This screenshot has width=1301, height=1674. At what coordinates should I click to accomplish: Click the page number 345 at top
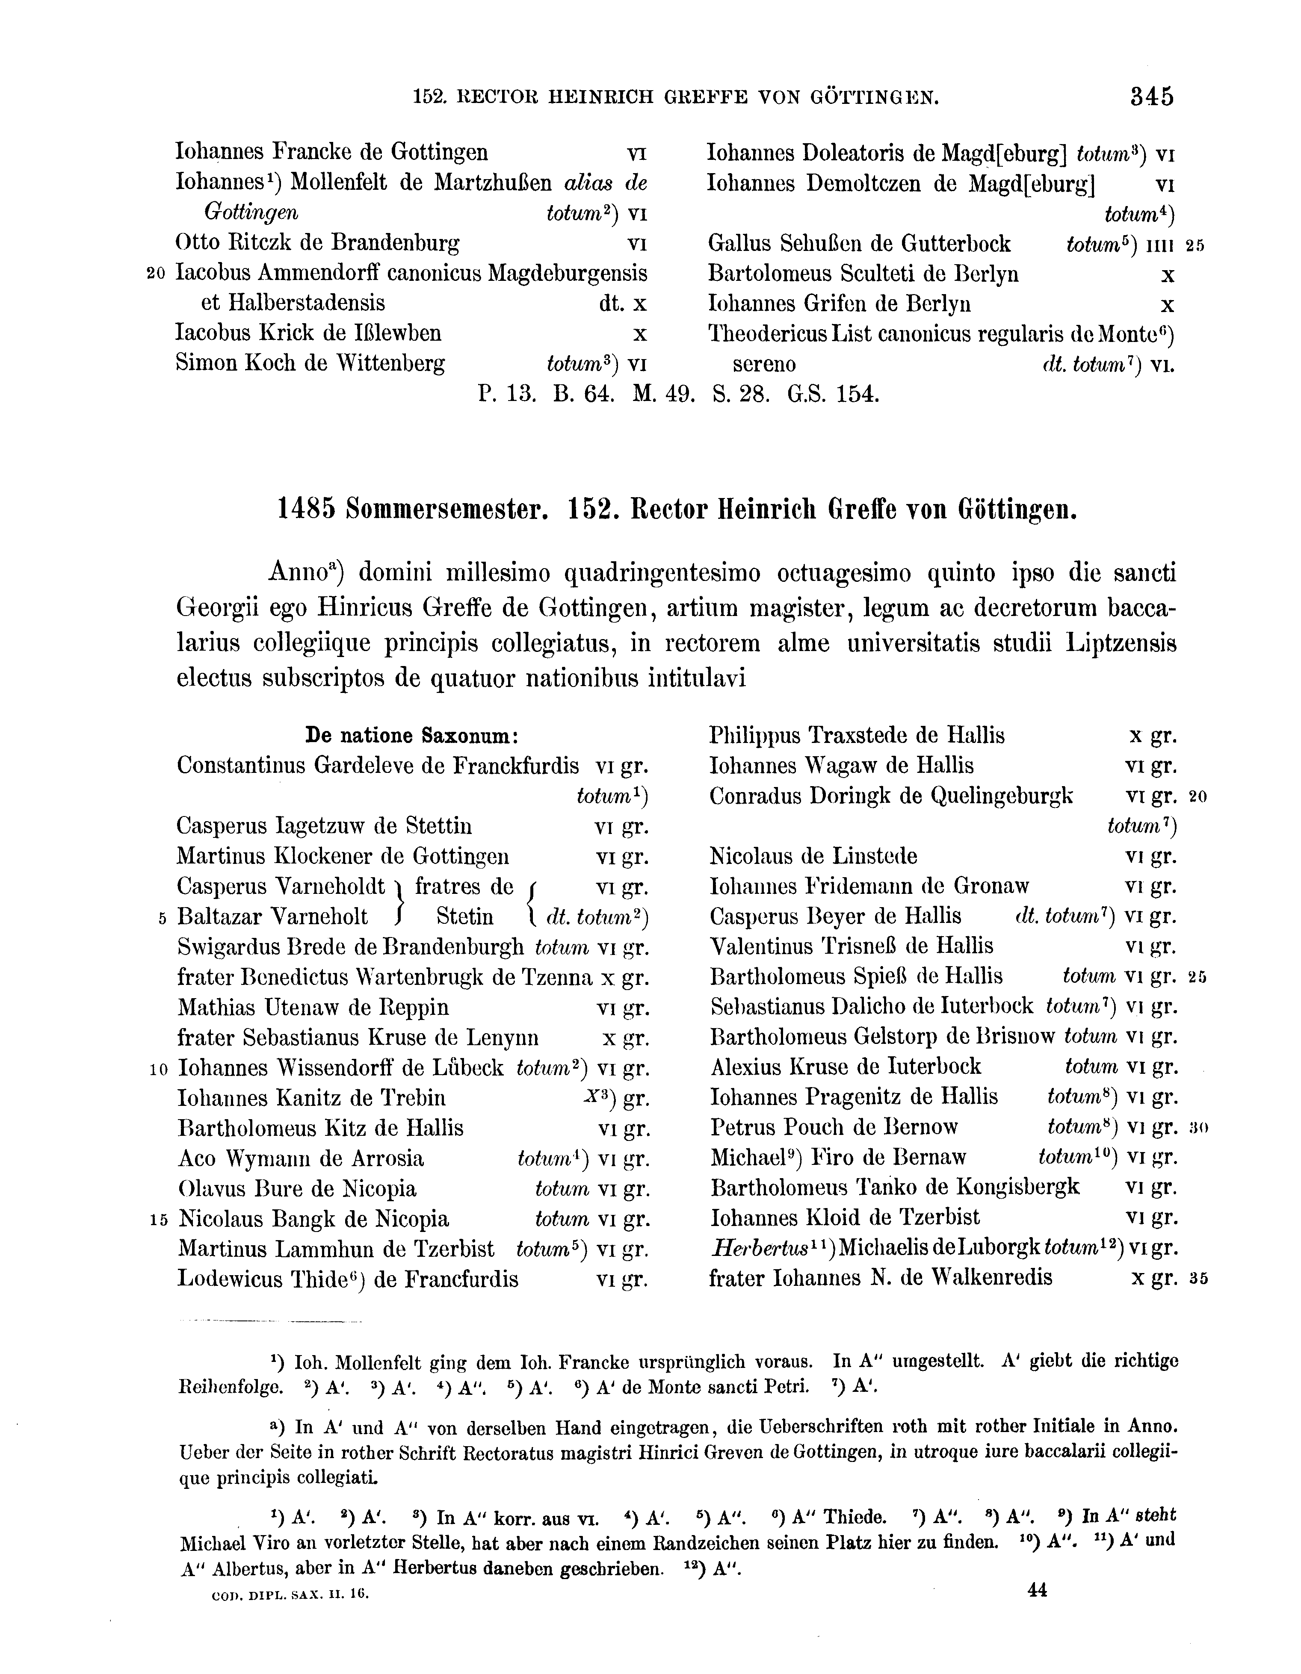[x=1151, y=97]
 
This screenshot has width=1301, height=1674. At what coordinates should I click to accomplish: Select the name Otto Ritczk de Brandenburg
[x=317, y=244]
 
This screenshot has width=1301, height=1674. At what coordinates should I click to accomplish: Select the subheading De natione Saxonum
[x=413, y=736]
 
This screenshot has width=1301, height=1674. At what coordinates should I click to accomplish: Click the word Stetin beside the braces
[x=464, y=917]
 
